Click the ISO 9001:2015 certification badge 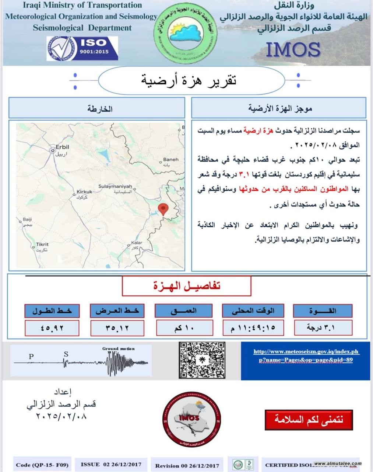(82, 48)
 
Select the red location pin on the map (163, 209)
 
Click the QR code (202, 360)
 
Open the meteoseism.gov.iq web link (306, 355)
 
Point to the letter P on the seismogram (31, 356)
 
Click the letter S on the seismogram (66, 354)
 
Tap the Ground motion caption (118, 348)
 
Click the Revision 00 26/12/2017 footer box (187, 465)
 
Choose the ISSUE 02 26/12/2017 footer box (111, 464)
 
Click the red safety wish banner (309, 420)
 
